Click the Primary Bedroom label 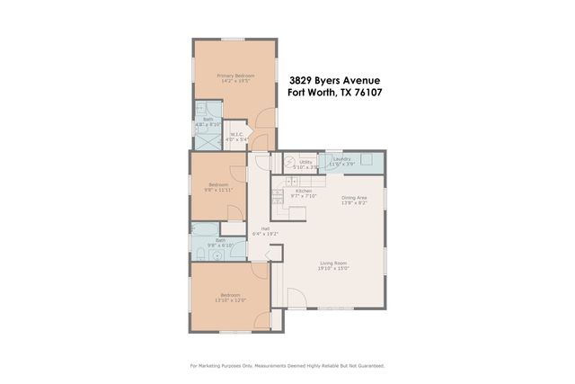pyautogui.click(x=235, y=76)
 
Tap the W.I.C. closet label pyautogui.click(x=234, y=135)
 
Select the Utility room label pyautogui.click(x=305, y=161)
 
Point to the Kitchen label pyautogui.click(x=304, y=191)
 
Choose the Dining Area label pyautogui.click(x=354, y=198)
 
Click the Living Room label pyautogui.click(x=333, y=263)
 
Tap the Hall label pyautogui.click(x=266, y=228)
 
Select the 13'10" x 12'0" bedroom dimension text pyautogui.click(x=229, y=300)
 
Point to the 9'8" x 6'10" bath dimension pyautogui.click(x=220, y=245)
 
